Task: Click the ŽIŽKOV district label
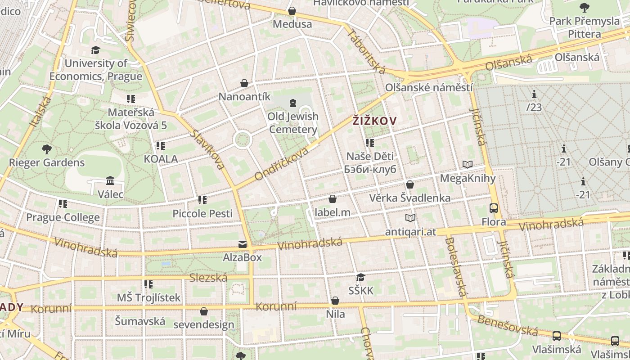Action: click(374, 121)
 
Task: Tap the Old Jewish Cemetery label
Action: click(292, 123)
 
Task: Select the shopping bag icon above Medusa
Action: click(292, 11)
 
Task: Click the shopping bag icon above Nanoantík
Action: click(244, 83)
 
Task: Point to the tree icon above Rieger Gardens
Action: click(46, 149)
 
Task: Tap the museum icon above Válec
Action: click(110, 181)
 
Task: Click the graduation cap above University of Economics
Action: click(95, 50)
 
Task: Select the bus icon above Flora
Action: click(494, 208)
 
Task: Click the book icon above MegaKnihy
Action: click(468, 165)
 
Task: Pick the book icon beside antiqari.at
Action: click(410, 218)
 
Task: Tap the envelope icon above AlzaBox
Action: click(243, 244)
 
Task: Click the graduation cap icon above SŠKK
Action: click(360, 277)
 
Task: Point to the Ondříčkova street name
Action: click(282, 163)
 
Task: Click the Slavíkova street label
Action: click(207, 150)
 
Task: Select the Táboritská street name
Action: click(366, 52)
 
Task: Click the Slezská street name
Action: click(208, 278)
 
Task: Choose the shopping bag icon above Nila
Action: click(335, 301)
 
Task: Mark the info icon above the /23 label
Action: click(534, 94)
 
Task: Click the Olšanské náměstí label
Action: click(429, 87)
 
